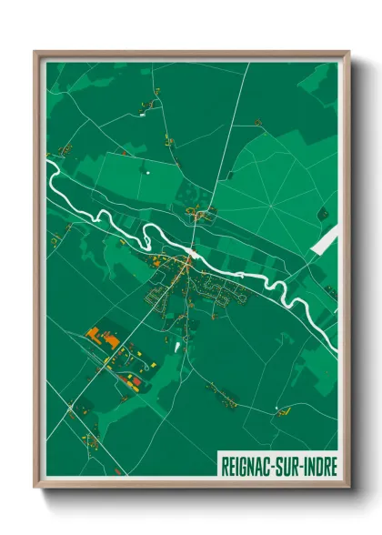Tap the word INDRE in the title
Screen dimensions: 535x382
pos(315,463)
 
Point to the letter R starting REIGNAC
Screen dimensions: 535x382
pos(225,463)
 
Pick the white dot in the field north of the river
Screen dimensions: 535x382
pos(146,169)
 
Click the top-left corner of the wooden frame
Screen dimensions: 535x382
pos(35,52)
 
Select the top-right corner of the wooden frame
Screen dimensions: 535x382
pos(348,52)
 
